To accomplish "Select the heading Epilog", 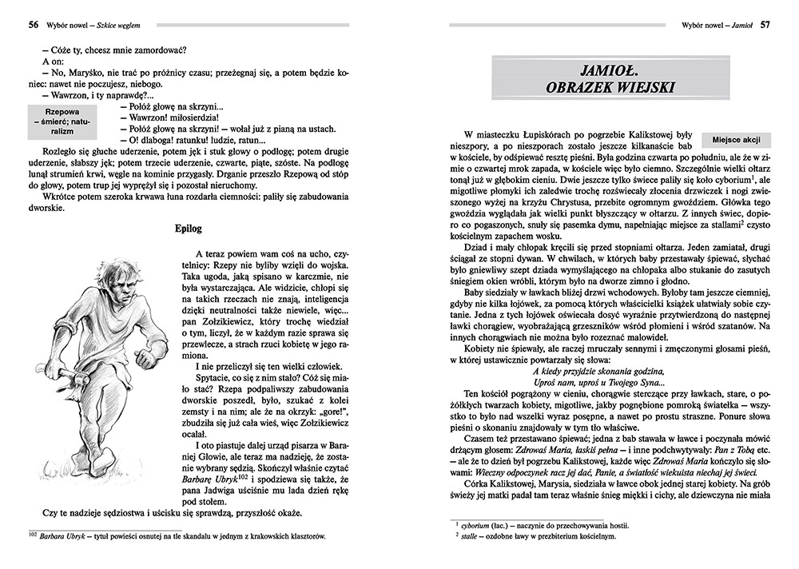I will [x=187, y=229].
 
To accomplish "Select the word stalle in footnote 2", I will [x=471, y=536].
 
